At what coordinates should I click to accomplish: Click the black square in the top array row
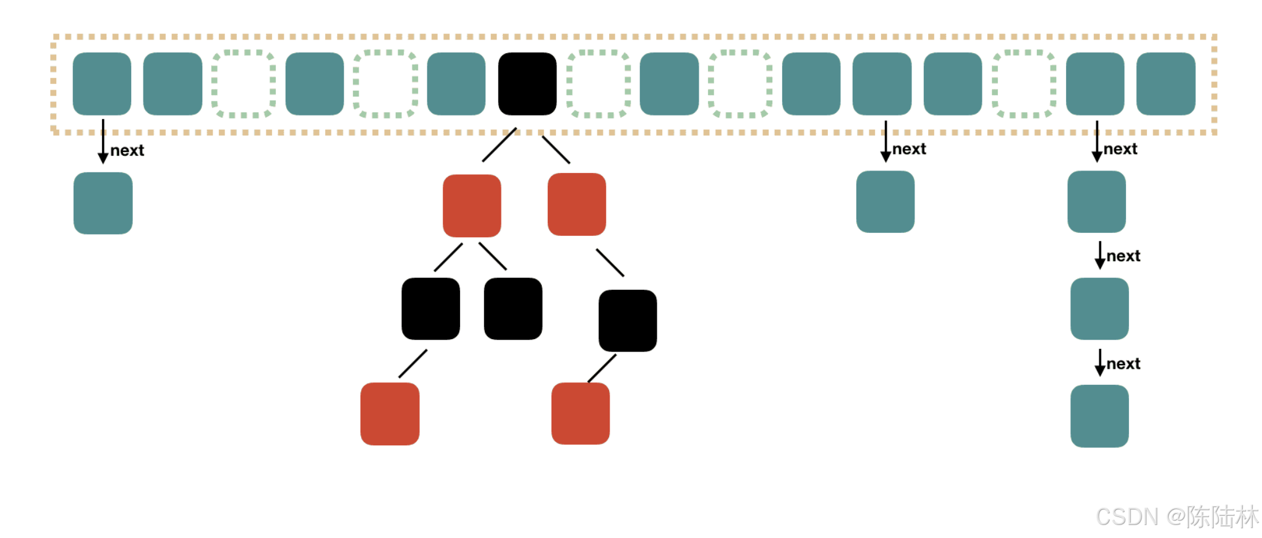[527, 84]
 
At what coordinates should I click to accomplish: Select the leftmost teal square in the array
[102, 84]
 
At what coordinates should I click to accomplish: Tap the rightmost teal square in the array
[1166, 84]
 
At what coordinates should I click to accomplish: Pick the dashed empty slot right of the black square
[599, 84]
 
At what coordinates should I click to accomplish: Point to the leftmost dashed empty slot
[244, 84]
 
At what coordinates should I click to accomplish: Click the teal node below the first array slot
[103, 203]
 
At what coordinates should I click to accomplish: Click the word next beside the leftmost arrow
[127, 151]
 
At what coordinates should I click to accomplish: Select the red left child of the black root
[472, 206]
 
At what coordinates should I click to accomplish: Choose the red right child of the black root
[576, 204]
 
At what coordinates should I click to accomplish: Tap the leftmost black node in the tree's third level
[430, 309]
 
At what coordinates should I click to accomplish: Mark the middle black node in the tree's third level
[513, 309]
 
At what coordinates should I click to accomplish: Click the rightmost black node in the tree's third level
[628, 321]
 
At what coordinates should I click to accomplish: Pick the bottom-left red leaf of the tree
[390, 414]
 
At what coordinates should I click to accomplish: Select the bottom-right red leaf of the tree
[580, 414]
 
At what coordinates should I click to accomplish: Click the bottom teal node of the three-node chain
[1099, 416]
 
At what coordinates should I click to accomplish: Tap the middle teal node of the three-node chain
[1099, 309]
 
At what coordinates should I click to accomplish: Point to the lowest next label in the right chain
[1123, 364]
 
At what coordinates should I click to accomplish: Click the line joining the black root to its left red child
[499, 145]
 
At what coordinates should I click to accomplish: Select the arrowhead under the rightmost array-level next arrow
[1097, 157]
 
